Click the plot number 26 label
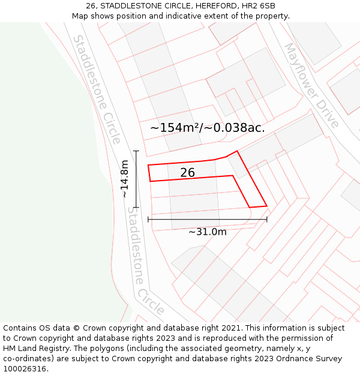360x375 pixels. coord(187,173)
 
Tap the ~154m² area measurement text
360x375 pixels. coord(175,128)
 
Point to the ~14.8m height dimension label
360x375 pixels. coord(125,179)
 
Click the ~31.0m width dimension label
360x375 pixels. coord(208,232)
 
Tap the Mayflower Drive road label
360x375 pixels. coord(311,85)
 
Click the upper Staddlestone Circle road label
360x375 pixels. coord(97,89)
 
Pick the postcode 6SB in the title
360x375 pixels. coord(266,6)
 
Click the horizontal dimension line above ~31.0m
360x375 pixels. coord(208,220)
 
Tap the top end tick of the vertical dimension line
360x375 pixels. coord(136,151)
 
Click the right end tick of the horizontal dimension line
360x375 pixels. coord(266,220)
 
